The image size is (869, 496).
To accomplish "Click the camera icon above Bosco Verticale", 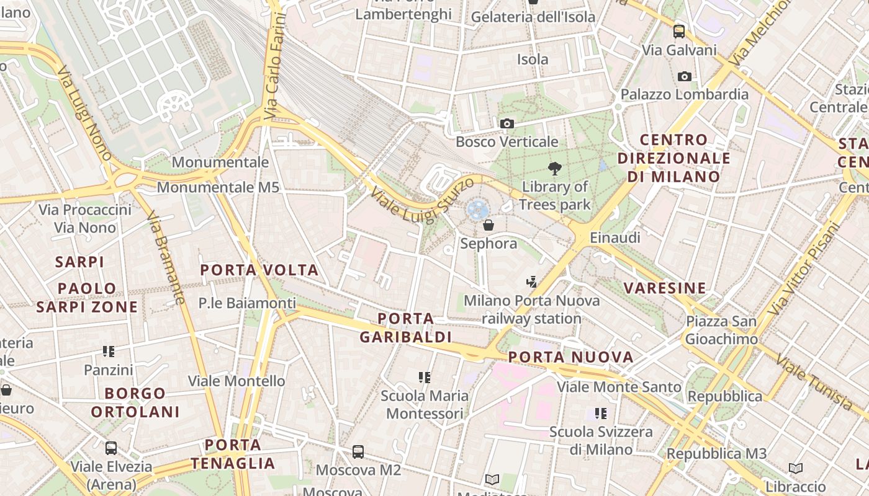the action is (x=507, y=124).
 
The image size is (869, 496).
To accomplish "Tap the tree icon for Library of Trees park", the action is (x=555, y=168).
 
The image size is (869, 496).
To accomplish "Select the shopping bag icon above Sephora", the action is (x=489, y=225).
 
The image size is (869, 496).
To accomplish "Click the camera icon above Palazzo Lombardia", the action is (x=685, y=76).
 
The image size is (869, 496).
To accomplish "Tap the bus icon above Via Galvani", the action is (x=679, y=32).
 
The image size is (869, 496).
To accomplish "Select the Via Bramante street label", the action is (x=166, y=257).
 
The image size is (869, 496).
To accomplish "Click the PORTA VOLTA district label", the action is (x=259, y=270).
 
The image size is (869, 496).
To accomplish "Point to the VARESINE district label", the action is (x=665, y=288).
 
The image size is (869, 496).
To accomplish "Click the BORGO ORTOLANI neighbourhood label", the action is (x=135, y=402).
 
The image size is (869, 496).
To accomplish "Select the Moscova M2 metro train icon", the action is (x=358, y=452).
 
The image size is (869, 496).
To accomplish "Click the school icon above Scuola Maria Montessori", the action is (x=425, y=377).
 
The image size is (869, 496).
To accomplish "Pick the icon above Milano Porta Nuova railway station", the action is (x=531, y=283).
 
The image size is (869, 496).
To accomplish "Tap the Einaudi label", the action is (x=615, y=237).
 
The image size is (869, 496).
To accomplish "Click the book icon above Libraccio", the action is (x=796, y=468).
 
